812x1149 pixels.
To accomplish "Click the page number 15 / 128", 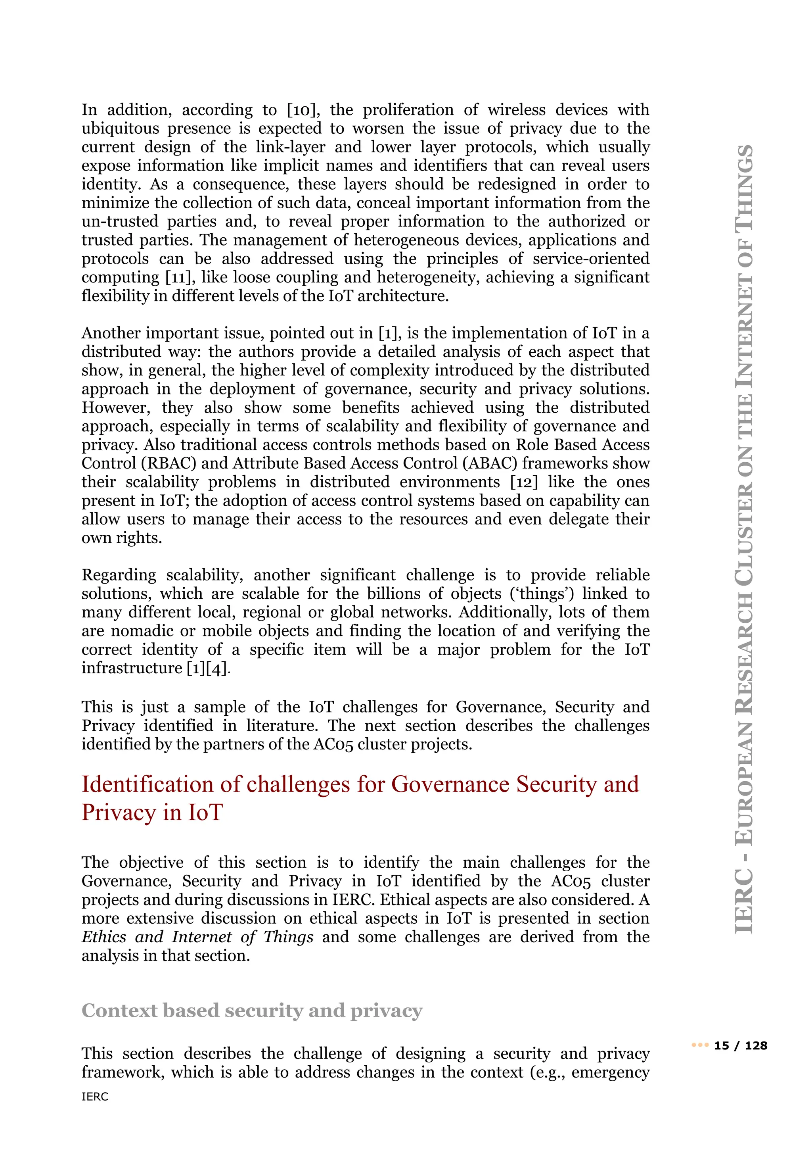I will click(741, 1046).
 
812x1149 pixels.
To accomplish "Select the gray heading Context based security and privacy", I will click(252, 1011).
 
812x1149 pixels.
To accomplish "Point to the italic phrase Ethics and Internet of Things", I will click(197, 937).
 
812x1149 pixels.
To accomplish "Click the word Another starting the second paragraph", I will click(111, 333).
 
